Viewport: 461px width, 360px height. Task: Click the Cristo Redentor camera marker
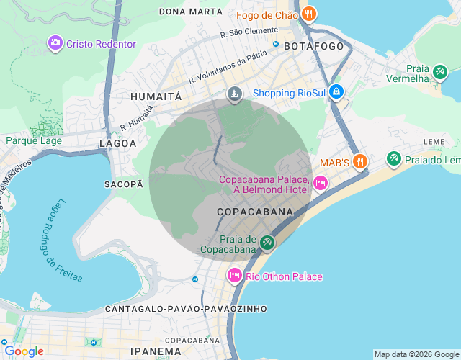click(x=55, y=44)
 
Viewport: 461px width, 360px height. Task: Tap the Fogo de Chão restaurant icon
click(x=309, y=14)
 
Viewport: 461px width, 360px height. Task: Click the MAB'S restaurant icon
click(x=361, y=162)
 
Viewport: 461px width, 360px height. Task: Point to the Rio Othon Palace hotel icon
click(x=234, y=276)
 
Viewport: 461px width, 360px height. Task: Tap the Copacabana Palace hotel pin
click(x=321, y=184)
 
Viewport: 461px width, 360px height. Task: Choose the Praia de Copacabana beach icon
click(x=267, y=243)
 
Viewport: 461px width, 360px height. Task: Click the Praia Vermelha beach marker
click(x=439, y=72)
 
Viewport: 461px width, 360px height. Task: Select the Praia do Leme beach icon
click(x=394, y=158)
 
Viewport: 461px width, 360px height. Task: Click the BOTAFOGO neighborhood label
click(x=314, y=45)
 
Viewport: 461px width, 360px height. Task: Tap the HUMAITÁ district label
click(x=155, y=95)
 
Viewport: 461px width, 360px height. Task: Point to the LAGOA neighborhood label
click(x=117, y=143)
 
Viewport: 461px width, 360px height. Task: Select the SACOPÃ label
click(x=124, y=184)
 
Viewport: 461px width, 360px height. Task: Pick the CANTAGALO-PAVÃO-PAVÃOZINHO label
click(x=186, y=309)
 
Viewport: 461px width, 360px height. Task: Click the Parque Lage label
click(x=34, y=140)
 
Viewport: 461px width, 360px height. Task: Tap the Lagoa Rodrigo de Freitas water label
click(x=65, y=240)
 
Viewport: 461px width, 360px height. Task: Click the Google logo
click(x=24, y=351)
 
